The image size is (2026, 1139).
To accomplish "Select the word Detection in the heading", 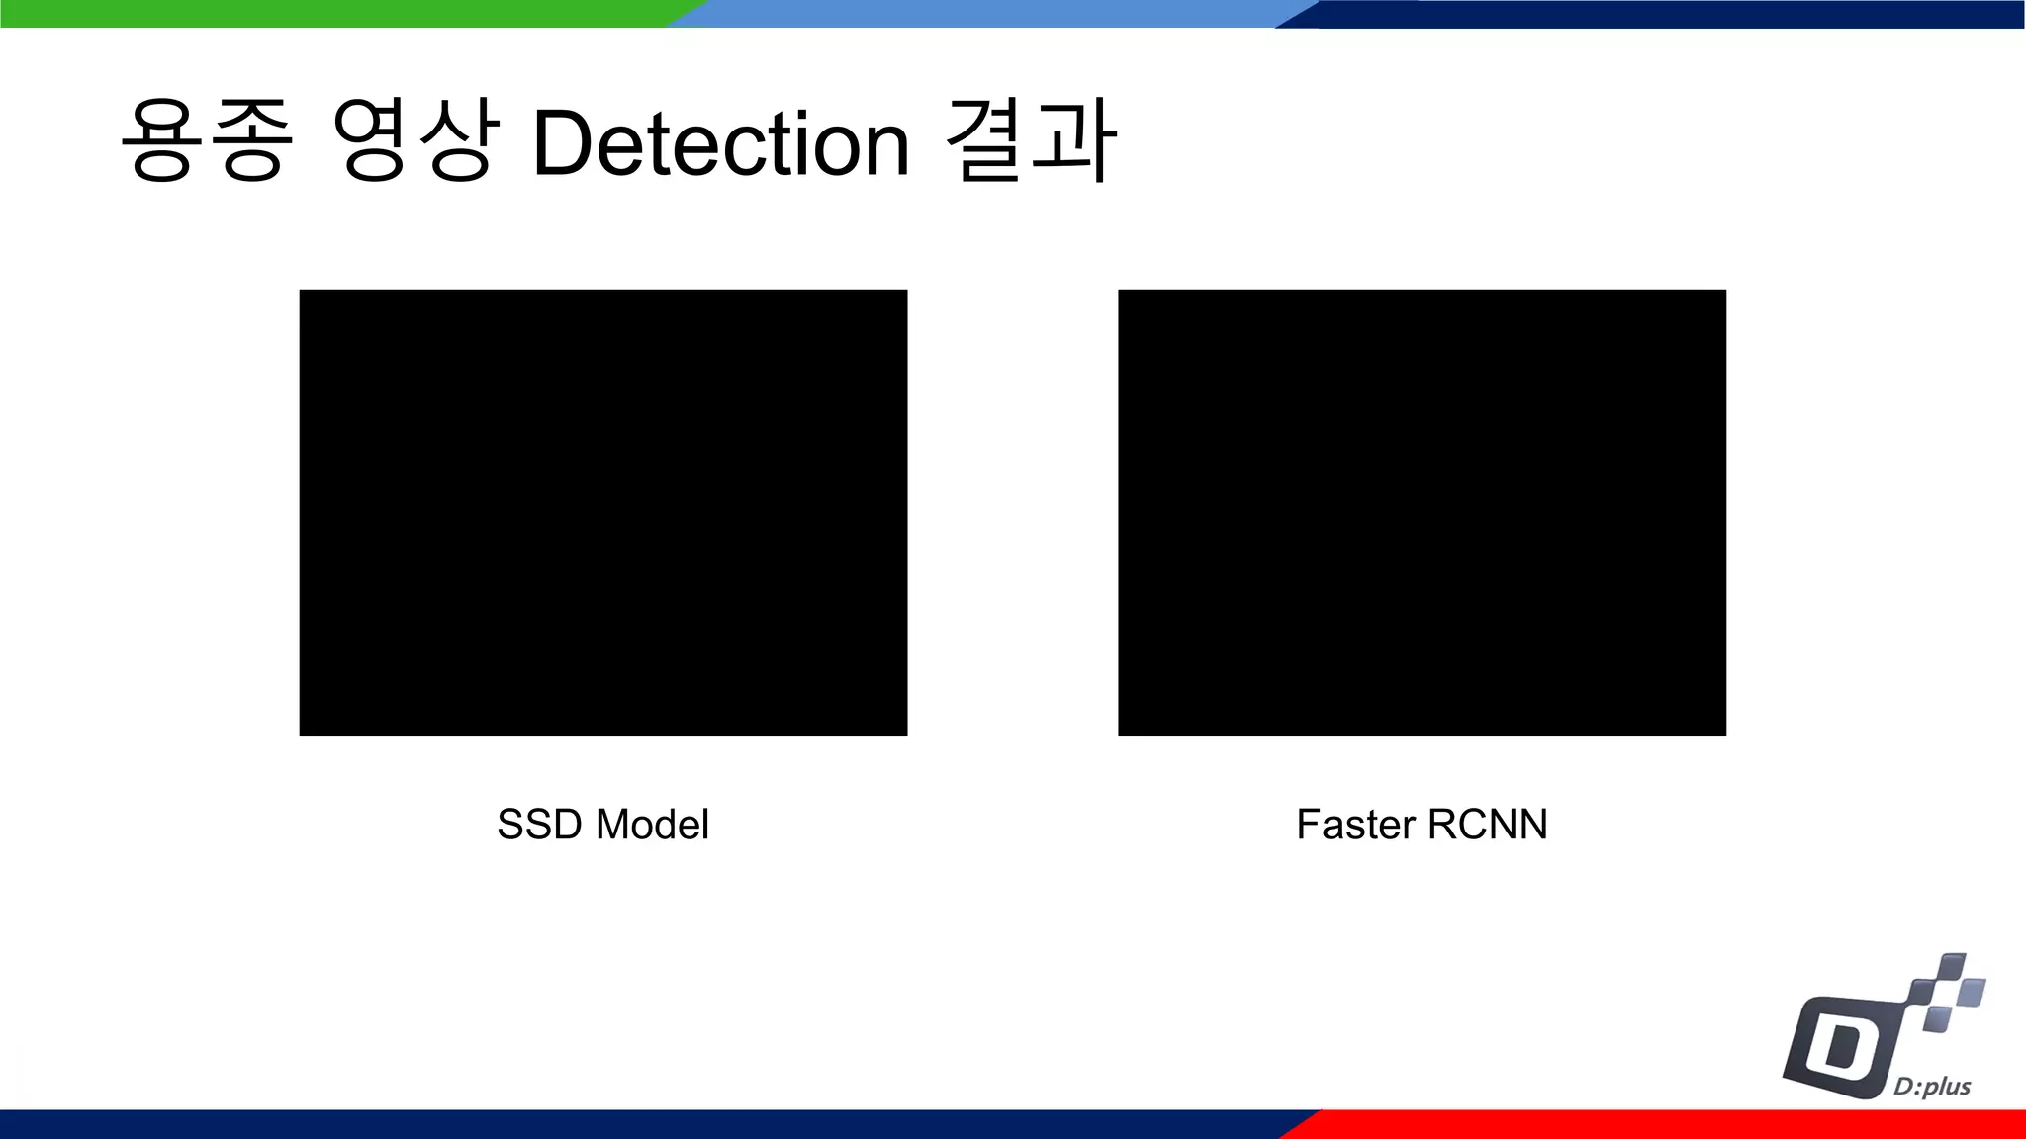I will point(720,144).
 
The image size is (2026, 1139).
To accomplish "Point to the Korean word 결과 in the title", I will point(1031,140).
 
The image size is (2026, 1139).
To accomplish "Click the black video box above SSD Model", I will point(603,512).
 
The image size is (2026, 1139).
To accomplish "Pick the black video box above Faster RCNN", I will point(1422,512).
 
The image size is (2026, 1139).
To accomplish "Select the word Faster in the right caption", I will point(1355,825).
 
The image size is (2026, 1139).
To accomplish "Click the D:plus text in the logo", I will point(1932,1087).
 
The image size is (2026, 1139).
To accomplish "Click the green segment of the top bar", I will point(336,13).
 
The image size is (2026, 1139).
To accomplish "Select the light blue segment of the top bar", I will point(989,13).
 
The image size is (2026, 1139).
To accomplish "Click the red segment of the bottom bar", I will point(1672,1124).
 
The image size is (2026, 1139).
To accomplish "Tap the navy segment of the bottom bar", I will point(643,1124).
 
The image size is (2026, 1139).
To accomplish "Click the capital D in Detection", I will point(566,144).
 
